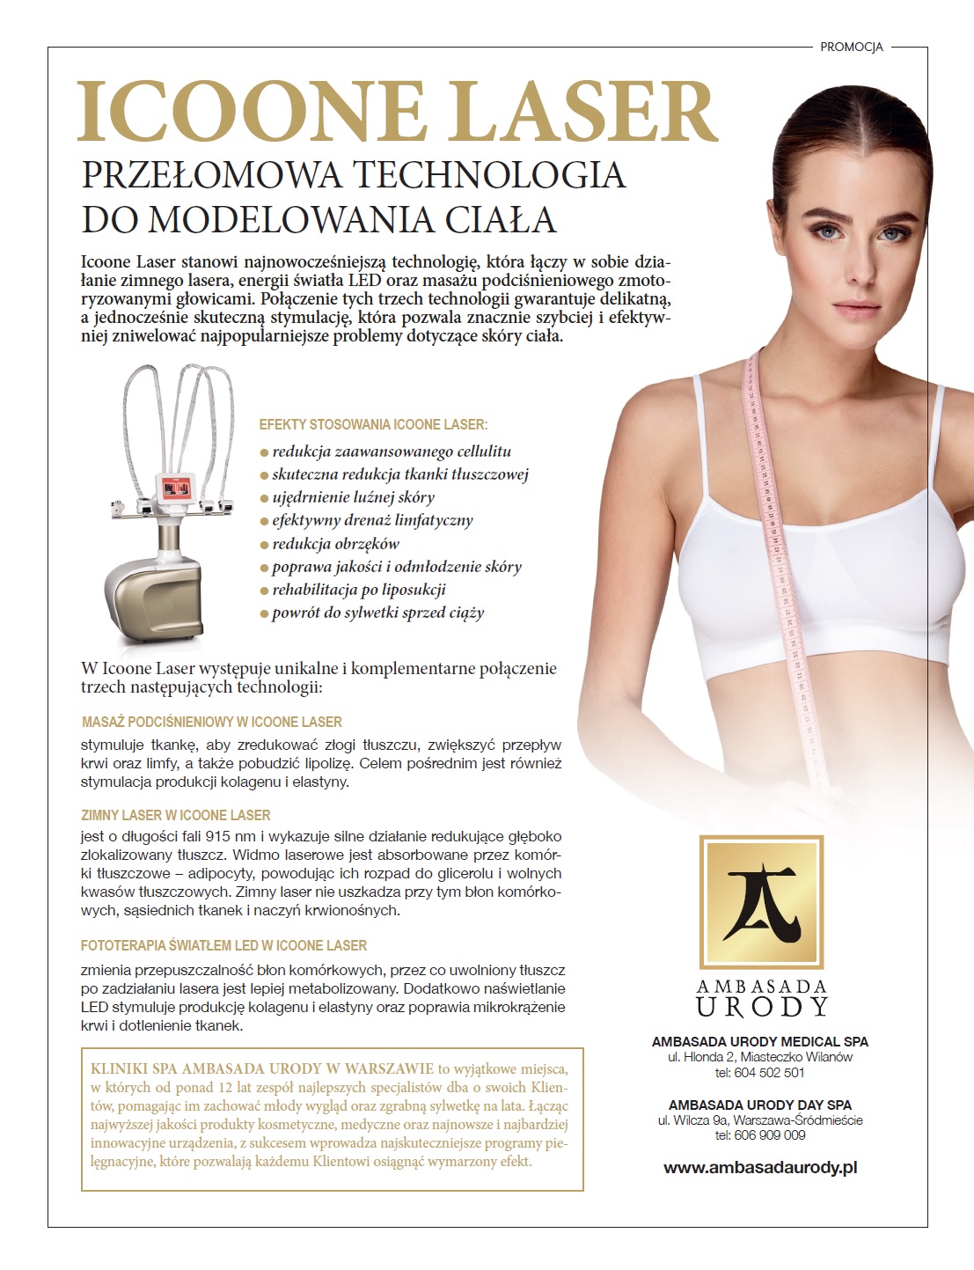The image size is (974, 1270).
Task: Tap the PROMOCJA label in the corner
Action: [x=851, y=47]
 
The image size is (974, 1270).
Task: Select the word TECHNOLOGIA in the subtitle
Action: [x=489, y=174]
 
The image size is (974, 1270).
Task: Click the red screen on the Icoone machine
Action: [x=177, y=487]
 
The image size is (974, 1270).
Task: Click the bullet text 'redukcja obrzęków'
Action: [x=335, y=544]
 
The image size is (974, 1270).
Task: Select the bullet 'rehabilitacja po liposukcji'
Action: [x=358, y=590]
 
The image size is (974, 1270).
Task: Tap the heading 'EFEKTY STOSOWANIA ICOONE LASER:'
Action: [x=373, y=424]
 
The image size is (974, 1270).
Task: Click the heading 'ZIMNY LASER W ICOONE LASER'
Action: [x=176, y=815]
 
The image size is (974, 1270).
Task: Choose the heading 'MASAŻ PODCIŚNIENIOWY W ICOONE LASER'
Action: [x=211, y=722]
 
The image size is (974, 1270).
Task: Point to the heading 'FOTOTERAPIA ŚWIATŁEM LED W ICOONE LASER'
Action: [x=223, y=945]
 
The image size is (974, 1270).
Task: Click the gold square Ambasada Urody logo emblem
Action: [x=760, y=901]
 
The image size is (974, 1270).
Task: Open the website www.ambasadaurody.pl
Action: [x=760, y=1168]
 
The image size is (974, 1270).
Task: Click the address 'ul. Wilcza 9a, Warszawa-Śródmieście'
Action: [x=760, y=1120]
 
